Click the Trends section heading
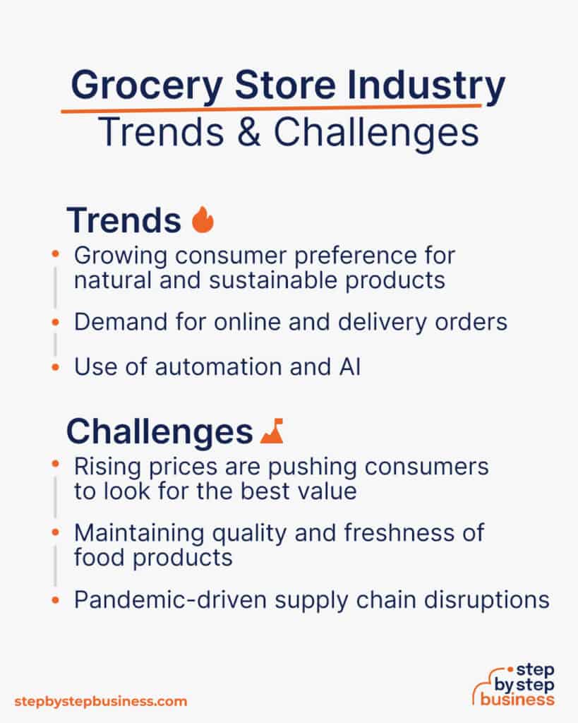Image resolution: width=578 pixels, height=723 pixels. point(124,221)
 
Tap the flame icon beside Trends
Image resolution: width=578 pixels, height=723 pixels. point(203,220)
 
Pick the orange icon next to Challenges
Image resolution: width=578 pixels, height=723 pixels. point(272,432)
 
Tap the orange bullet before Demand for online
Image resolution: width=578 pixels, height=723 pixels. point(56,322)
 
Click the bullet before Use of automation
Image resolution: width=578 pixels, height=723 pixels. point(56,367)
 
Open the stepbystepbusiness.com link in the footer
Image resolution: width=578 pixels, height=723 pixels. point(101,701)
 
